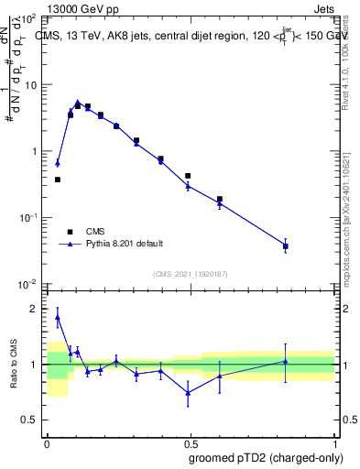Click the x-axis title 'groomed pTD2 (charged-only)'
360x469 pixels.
click(267, 458)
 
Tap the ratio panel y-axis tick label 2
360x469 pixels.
click(36, 310)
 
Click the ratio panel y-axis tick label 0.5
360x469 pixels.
click(31, 420)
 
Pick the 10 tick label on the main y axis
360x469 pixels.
click(32, 85)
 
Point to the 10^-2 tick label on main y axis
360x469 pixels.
click(29, 285)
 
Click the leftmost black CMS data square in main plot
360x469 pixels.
click(58, 180)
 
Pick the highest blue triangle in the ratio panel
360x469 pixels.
click(58, 318)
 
